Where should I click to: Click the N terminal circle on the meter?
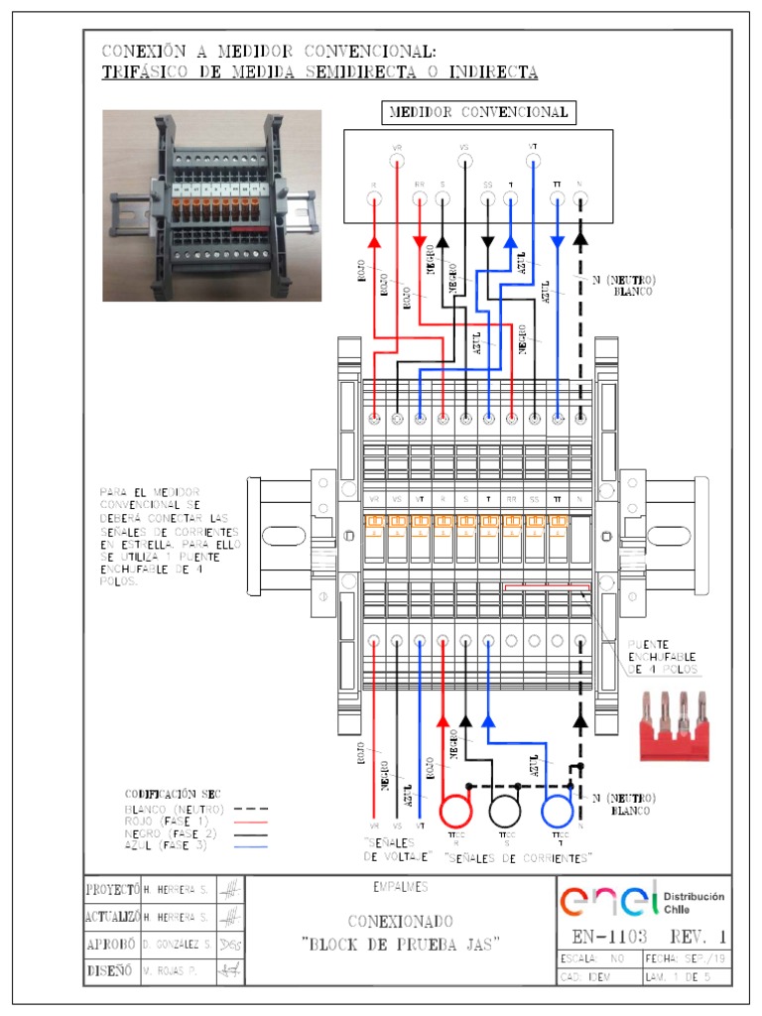(579, 199)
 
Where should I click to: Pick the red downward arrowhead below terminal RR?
(420, 242)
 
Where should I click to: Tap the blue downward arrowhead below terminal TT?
(557, 242)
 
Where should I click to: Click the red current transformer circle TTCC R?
(458, 811)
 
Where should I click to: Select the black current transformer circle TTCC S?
(505, 811)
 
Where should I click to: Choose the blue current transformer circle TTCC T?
(558, 811)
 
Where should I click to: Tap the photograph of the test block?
(213, 204)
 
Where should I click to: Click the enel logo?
(608, 901)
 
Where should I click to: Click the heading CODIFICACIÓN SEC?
(172, 794)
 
